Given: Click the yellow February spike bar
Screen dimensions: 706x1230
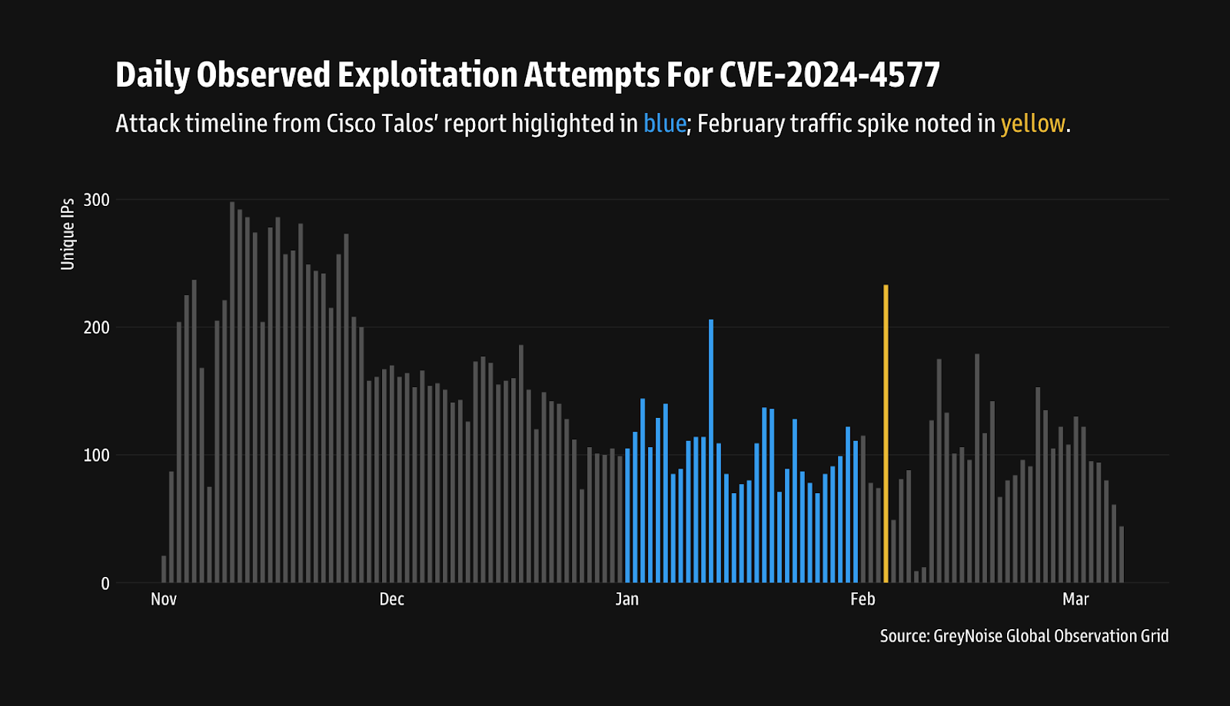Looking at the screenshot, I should click(x=886, y=434).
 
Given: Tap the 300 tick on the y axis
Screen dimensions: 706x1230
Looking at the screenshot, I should click(x=97, y=200).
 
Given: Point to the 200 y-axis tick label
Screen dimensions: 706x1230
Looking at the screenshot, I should click(x=97, y=327).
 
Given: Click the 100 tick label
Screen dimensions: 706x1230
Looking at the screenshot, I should click(x=97, y=456).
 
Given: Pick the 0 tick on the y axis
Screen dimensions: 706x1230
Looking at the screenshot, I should click(x=105, y=584).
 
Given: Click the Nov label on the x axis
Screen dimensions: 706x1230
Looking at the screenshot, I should click(x=164, y=599).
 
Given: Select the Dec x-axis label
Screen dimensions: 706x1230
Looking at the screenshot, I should click(x=391, y=599).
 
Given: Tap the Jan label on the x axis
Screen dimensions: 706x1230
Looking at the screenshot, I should click(x=627, y=599).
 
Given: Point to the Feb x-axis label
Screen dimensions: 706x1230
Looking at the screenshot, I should click(x=863, y=599).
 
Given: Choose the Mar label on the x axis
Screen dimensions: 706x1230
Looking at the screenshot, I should click(x=1075, y=599).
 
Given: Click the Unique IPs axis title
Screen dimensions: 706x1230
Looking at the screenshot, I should click(x=68, y=234).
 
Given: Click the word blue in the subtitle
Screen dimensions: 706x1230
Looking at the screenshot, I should click(x=664, y=124).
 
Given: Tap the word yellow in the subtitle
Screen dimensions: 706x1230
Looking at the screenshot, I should click(x=1032, y=124).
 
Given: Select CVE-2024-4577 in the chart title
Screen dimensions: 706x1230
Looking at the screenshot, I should click(x=829, y=75).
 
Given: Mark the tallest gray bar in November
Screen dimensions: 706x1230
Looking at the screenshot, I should click(x=232, y=392).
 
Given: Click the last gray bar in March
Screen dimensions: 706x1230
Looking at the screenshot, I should click(x=1122, y=554).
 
